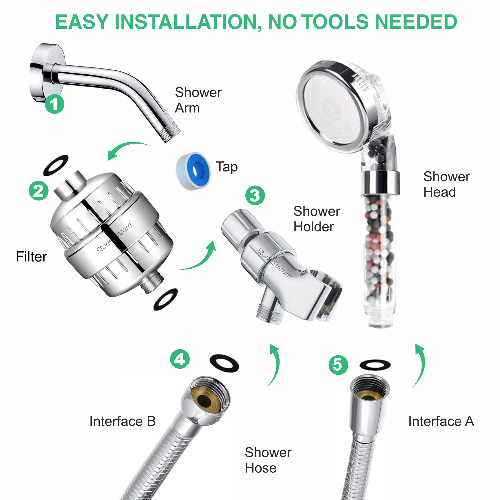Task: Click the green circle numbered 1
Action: [x=55, y=104]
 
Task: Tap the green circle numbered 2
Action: [x=39, y=191]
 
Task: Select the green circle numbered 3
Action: [x=255, y=196]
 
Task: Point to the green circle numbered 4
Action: [x=180, y=359]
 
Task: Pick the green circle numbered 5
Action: [x=338, y=365]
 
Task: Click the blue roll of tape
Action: [x=193, y=170]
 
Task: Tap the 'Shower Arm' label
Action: [x=198, y=100]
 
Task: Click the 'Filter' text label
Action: [x=31, y=257]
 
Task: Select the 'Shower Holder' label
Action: [x=316, y=219]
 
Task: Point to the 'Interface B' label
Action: [x=122, y=421]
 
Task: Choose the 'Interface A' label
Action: [x=441, y=421]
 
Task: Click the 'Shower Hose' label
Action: [x=268, y=460]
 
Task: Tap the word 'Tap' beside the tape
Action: [x=227, y=167]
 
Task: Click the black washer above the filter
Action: [x=56, y=165]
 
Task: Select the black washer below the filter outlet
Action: [x=166, y=299]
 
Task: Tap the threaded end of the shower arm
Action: [x=170, y=134]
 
